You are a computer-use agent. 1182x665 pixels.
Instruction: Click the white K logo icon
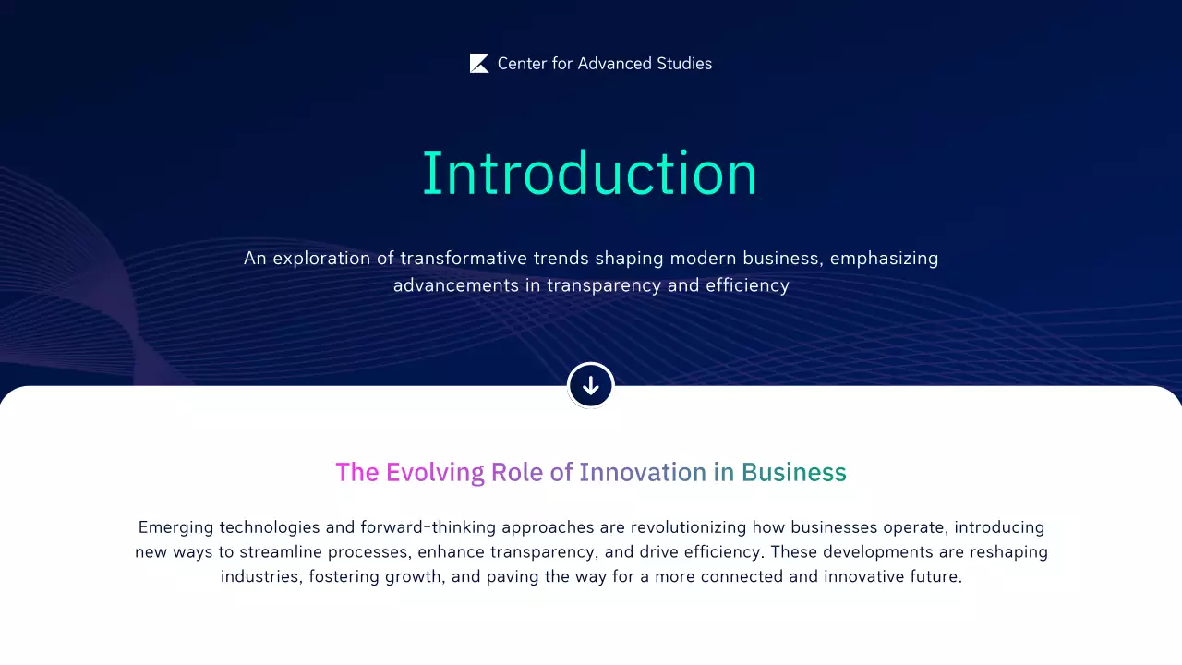pos(479,64)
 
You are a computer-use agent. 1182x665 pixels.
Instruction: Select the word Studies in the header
pos(684,64)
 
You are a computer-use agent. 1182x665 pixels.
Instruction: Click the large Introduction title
pos(590,173)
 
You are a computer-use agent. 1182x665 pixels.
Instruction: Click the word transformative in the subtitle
pos(452,259)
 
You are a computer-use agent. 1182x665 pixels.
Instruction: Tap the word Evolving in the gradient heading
pos(435,472)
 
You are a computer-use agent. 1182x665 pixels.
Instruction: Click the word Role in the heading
pos(517,472)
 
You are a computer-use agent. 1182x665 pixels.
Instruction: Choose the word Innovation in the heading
pos(643,472)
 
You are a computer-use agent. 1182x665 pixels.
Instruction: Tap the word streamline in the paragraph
pos(282,552)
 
